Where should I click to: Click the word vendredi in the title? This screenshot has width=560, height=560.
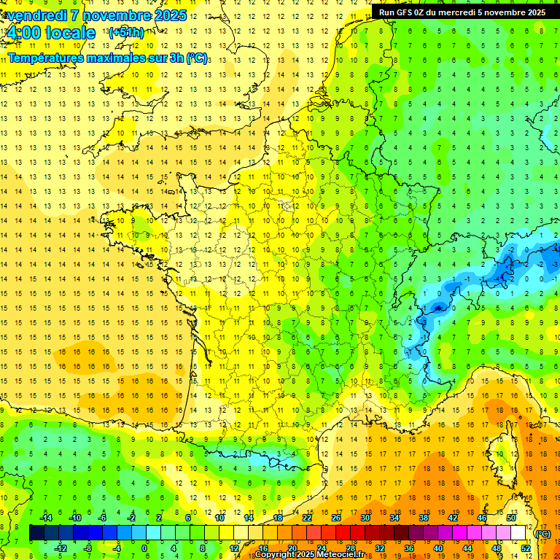point(32,15)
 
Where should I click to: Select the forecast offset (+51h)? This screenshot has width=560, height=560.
point(125,32)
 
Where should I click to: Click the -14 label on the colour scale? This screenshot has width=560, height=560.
point(45,518)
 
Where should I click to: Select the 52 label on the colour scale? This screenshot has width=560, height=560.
point(526,548)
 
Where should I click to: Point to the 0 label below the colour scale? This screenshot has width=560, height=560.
point(144,548)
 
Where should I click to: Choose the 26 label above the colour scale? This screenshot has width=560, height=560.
point(336,518)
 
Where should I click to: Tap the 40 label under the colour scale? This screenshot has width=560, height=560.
point(438,548)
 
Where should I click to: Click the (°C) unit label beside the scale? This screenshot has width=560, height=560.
point(543,534)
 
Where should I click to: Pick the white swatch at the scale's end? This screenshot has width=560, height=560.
point(518,533)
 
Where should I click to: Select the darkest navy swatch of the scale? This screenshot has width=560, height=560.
point(36,533)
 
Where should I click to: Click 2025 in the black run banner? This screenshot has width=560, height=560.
point(533,12)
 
